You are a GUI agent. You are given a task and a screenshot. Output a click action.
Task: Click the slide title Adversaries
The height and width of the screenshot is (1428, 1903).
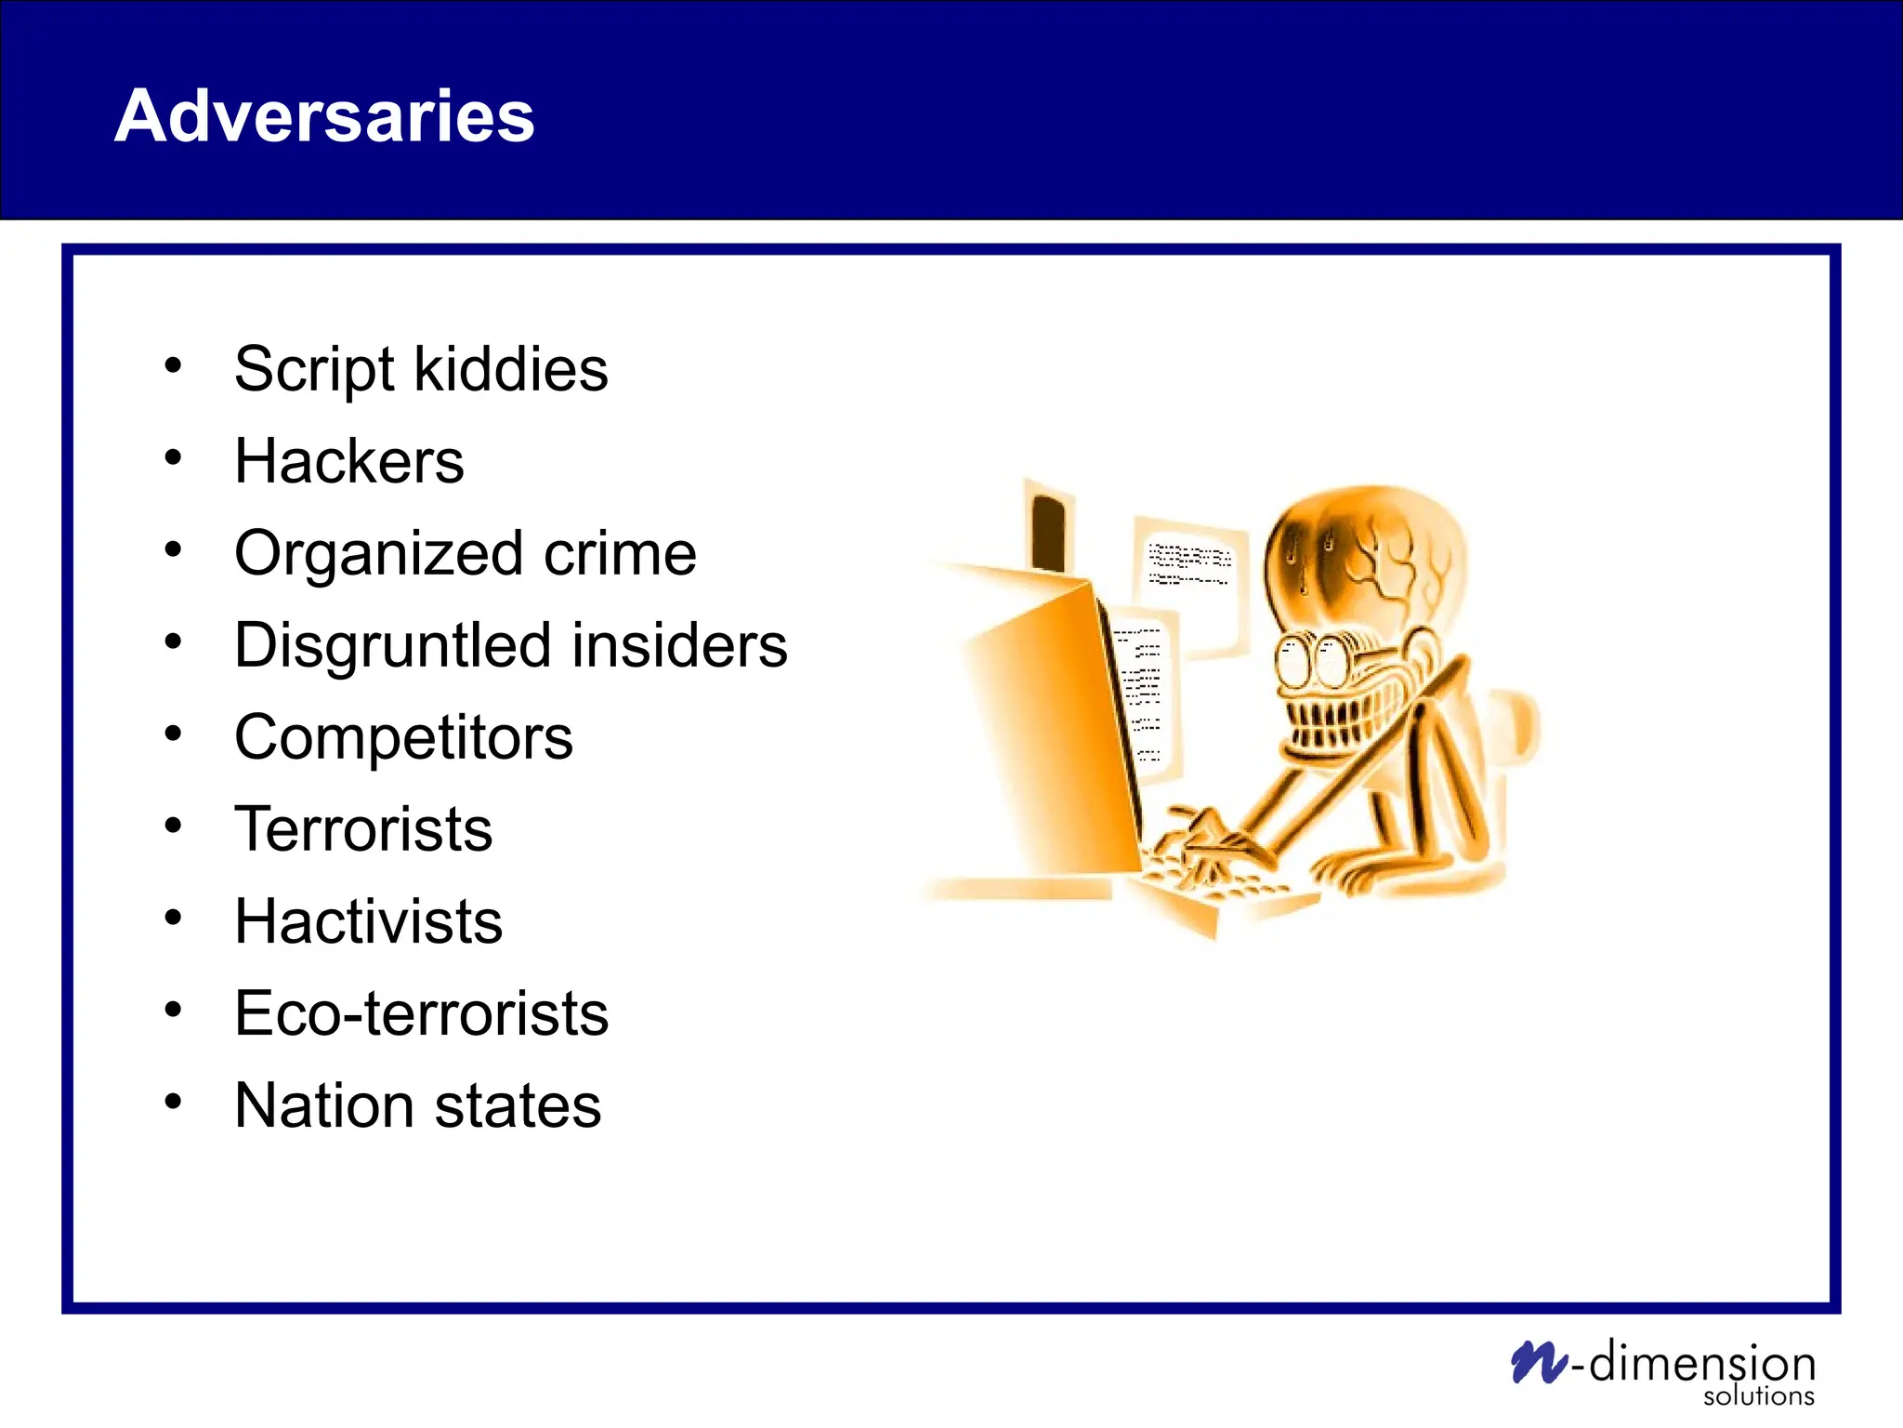point(324,115)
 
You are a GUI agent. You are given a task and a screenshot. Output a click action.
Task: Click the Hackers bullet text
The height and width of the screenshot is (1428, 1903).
point(348,461)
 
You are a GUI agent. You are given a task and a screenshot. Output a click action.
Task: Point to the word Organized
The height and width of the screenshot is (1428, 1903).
point(379,554)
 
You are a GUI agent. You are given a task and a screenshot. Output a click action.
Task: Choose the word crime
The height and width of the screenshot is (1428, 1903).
point(620,553)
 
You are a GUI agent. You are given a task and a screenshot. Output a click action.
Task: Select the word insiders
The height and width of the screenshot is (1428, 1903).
point(679,645)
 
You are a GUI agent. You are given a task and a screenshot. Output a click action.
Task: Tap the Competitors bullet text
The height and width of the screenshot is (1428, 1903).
point(403,737)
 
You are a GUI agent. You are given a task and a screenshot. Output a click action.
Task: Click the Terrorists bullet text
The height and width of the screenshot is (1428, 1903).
point(363,829)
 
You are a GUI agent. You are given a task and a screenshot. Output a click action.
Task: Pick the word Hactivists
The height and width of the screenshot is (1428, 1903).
point(368,921)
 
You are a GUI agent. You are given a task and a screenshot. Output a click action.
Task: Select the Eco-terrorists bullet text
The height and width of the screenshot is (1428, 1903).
point(421,1013)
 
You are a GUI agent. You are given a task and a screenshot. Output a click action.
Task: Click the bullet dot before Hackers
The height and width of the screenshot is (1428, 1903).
point(173,457)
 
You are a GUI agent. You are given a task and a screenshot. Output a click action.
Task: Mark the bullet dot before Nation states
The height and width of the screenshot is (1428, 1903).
point(173,1102)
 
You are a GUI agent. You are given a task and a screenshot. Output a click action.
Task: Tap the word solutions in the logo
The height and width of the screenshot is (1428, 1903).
point(1758,1396)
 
